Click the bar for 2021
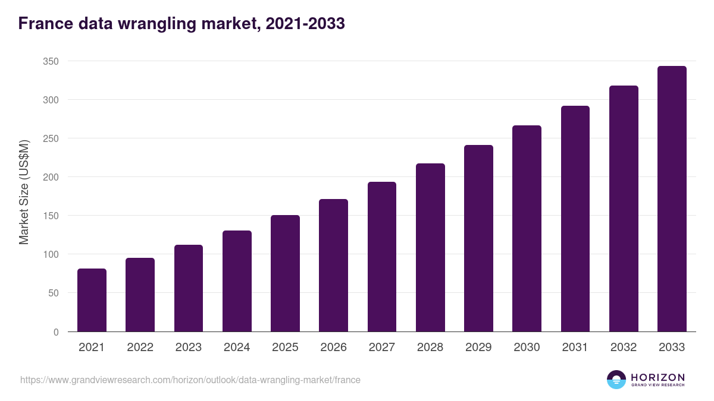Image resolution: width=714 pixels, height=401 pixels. [x=92, y=300]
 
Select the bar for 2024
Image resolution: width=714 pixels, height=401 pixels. [x=237, y=281]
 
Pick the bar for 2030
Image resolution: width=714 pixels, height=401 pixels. [x=527, y=229]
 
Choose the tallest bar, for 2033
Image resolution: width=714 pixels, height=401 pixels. [x=672, y=199]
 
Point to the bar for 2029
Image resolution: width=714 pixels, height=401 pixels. [x=478, y=238]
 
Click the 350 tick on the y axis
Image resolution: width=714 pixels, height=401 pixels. [x=51, y=61]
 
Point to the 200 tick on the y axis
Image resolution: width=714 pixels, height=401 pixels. [x=51, y=177]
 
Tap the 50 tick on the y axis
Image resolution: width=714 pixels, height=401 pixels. [x=53, y=293]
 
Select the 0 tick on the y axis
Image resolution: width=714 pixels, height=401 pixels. [x=56, y=332]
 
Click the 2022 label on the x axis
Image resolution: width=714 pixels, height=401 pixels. [x=140, y=348]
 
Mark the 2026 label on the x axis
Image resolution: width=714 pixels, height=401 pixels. [x=333, y=348]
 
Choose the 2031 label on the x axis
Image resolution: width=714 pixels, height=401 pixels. [x=575, y=348]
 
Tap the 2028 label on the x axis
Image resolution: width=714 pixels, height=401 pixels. [x=430, y=348]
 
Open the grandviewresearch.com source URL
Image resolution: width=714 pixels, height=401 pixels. [x=190, y=380]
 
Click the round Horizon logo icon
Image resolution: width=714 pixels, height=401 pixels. [x=616, y=380]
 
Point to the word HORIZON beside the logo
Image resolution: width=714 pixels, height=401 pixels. [x=657, y=377]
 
